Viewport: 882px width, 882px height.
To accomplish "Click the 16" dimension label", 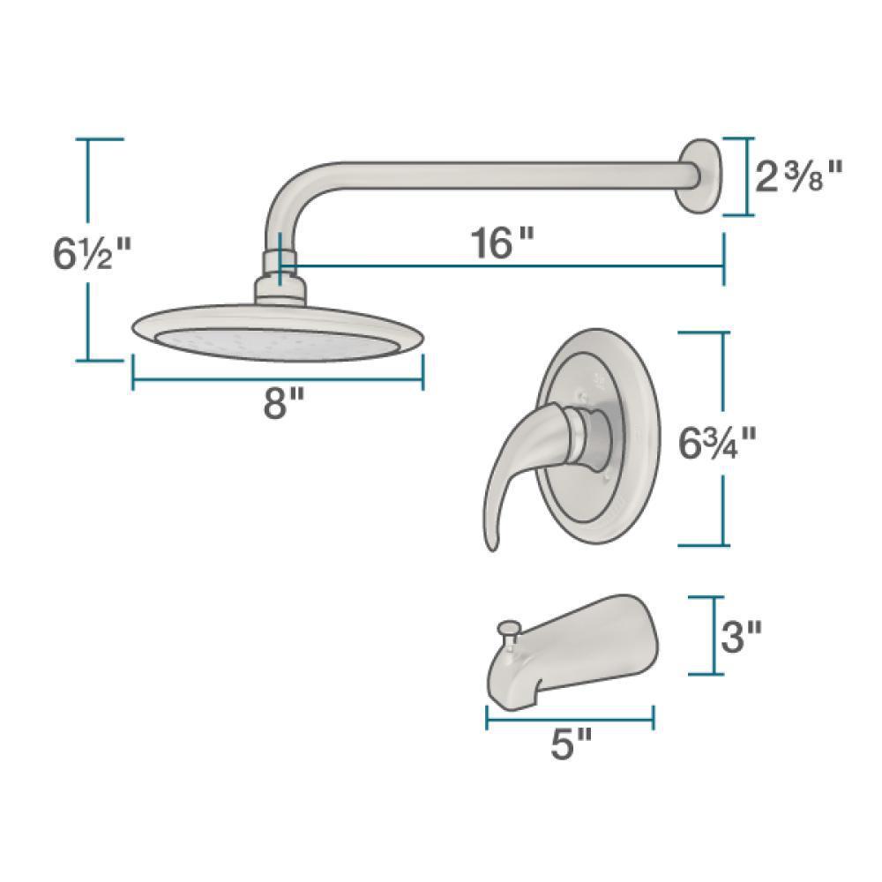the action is (500, 243).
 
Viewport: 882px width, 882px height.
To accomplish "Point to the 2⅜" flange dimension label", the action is (799, 176).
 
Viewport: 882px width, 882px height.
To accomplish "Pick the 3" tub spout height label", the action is (742, 637).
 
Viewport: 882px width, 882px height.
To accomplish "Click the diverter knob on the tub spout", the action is (509, 634).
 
